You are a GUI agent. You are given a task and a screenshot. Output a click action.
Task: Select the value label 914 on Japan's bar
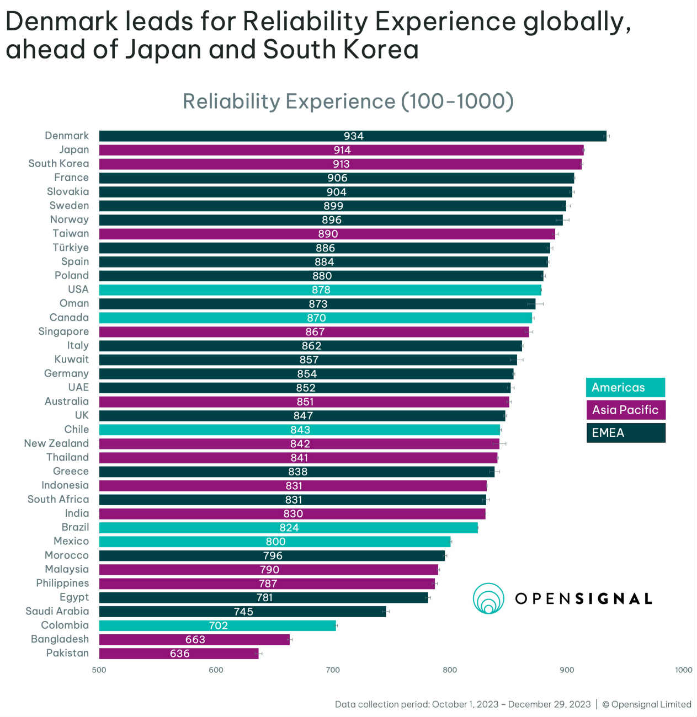click(x=342, y=150)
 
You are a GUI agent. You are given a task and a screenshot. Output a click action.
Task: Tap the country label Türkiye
click(x=71, y=248)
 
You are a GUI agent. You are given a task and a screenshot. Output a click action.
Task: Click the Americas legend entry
click(x=625, y=388)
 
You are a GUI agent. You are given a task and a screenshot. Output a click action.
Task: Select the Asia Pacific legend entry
click(x=625, y=410)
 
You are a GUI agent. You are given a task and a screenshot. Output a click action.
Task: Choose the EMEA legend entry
click(x=625, y=433)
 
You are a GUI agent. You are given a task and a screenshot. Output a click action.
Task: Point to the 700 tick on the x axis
click(x=333, y=670)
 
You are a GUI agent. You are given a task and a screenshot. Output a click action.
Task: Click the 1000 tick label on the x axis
click(x=683, y=670)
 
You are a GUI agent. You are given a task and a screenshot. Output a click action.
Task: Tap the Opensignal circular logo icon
click(x=488, y=598)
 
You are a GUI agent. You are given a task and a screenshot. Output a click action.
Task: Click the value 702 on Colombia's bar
click(x=219, y=626)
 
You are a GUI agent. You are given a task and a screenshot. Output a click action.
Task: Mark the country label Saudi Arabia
click(x=57, y=612)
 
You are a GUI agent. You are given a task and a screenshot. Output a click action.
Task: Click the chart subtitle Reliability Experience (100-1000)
click(x=348, y=101)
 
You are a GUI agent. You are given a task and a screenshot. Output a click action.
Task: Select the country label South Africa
click(x=58, y=500)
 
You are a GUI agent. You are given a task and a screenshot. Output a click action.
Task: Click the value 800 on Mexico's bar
click(x=276, y=542)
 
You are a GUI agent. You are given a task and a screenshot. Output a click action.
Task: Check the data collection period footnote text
click(x=462, y=704)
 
